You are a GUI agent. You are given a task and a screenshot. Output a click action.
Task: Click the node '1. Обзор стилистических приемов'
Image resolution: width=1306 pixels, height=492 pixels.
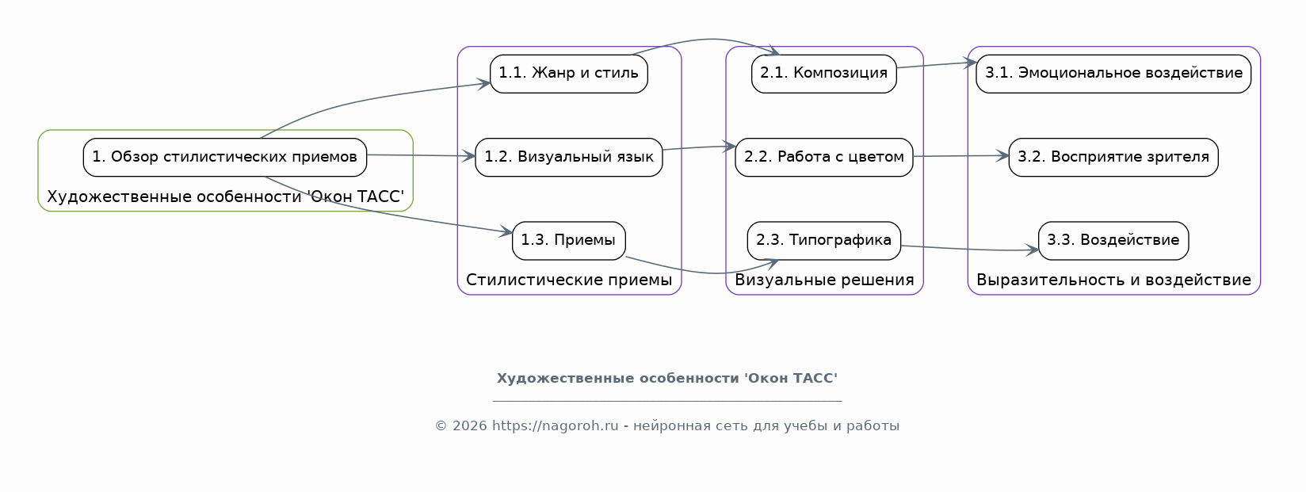point(225,157)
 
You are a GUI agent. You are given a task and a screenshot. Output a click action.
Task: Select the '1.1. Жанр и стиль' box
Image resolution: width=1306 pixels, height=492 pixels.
point(568,74)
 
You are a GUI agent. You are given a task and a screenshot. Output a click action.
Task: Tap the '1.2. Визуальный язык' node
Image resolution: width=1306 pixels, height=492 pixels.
point(568,157)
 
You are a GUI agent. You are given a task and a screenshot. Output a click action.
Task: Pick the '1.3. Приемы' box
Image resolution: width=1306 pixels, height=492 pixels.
point(568,240)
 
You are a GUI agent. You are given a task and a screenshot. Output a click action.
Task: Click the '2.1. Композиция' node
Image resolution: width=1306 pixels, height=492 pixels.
point(824,74)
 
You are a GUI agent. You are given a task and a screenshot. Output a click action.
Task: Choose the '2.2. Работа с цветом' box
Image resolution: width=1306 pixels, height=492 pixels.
point(824,157)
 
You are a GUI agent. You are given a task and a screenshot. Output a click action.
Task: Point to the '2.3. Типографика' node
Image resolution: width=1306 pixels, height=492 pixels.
point(824,240)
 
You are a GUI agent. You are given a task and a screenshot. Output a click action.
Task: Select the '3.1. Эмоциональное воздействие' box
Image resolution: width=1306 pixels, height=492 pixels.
point(1113,74)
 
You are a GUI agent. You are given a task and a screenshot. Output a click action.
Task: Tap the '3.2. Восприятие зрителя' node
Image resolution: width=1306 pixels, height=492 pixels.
point(1113,157)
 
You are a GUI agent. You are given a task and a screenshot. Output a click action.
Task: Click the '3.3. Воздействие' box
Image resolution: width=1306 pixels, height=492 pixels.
point(1113,240)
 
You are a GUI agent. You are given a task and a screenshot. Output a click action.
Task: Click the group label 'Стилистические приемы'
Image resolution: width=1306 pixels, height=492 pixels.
point(569,280)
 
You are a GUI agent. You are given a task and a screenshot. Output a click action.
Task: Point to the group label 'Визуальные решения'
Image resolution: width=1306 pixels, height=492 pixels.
point(824,280)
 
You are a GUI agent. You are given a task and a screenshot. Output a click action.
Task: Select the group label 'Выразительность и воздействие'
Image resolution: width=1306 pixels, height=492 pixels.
point(1113,280)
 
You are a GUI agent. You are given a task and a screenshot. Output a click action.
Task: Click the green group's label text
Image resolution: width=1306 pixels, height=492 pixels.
point(226,196)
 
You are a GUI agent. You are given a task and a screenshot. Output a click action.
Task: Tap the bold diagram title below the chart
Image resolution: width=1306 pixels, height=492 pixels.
point(667,379)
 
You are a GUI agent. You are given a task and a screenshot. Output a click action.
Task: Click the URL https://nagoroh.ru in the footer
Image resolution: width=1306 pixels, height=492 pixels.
point(555,425)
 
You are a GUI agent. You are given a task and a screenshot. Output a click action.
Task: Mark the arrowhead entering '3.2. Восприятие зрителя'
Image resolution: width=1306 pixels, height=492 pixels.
point(1002,155)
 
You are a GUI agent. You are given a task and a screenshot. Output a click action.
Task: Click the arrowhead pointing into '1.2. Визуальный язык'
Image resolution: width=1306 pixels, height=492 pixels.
point(469,156)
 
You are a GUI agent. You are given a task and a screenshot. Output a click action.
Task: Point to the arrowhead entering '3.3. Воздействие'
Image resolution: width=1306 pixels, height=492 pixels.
point(1032,250)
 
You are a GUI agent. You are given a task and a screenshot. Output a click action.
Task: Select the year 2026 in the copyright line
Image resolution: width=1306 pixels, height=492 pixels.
point(469,425)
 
